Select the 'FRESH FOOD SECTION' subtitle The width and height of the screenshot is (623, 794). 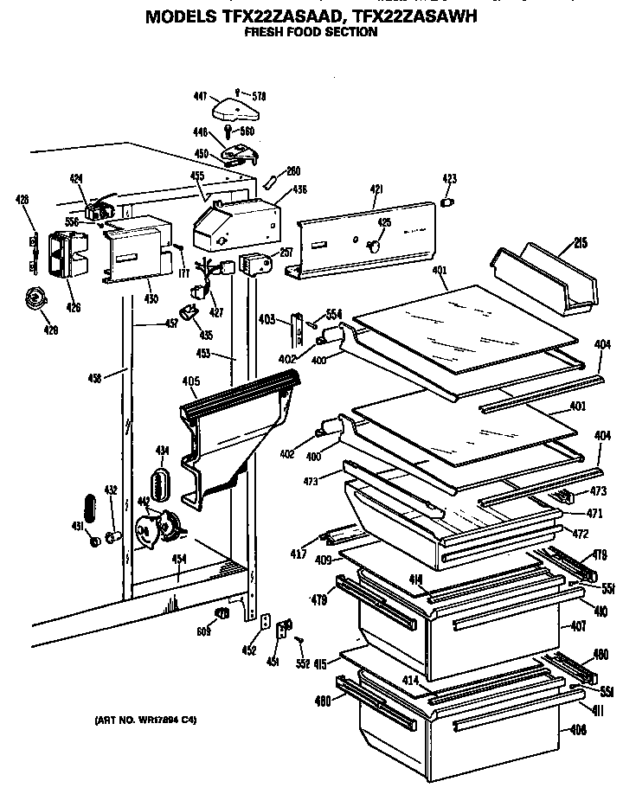click(311, 32)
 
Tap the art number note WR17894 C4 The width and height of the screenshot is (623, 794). click(145, 720)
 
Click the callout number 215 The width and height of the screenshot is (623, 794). click(580, 244)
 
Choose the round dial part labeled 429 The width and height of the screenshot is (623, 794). click(35, 299)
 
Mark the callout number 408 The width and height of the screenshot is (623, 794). click(579, 729)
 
